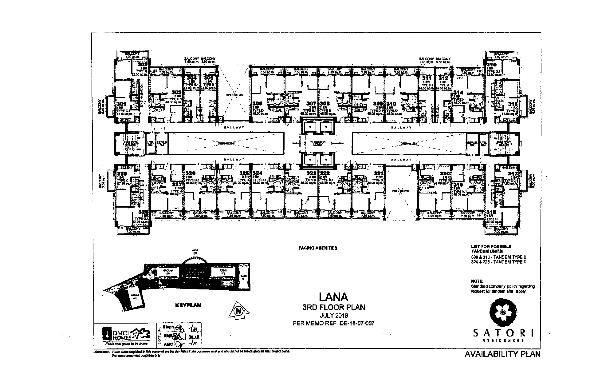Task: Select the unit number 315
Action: point(490,64)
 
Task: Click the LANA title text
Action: point(333,297)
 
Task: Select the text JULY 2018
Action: point(334,316)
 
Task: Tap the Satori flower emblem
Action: point(503,312)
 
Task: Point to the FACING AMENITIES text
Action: point(318,248)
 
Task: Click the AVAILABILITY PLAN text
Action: point(502,354)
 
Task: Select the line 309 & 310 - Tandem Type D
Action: point(498,257)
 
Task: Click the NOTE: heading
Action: point(477,281)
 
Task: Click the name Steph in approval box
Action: point(168,327)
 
